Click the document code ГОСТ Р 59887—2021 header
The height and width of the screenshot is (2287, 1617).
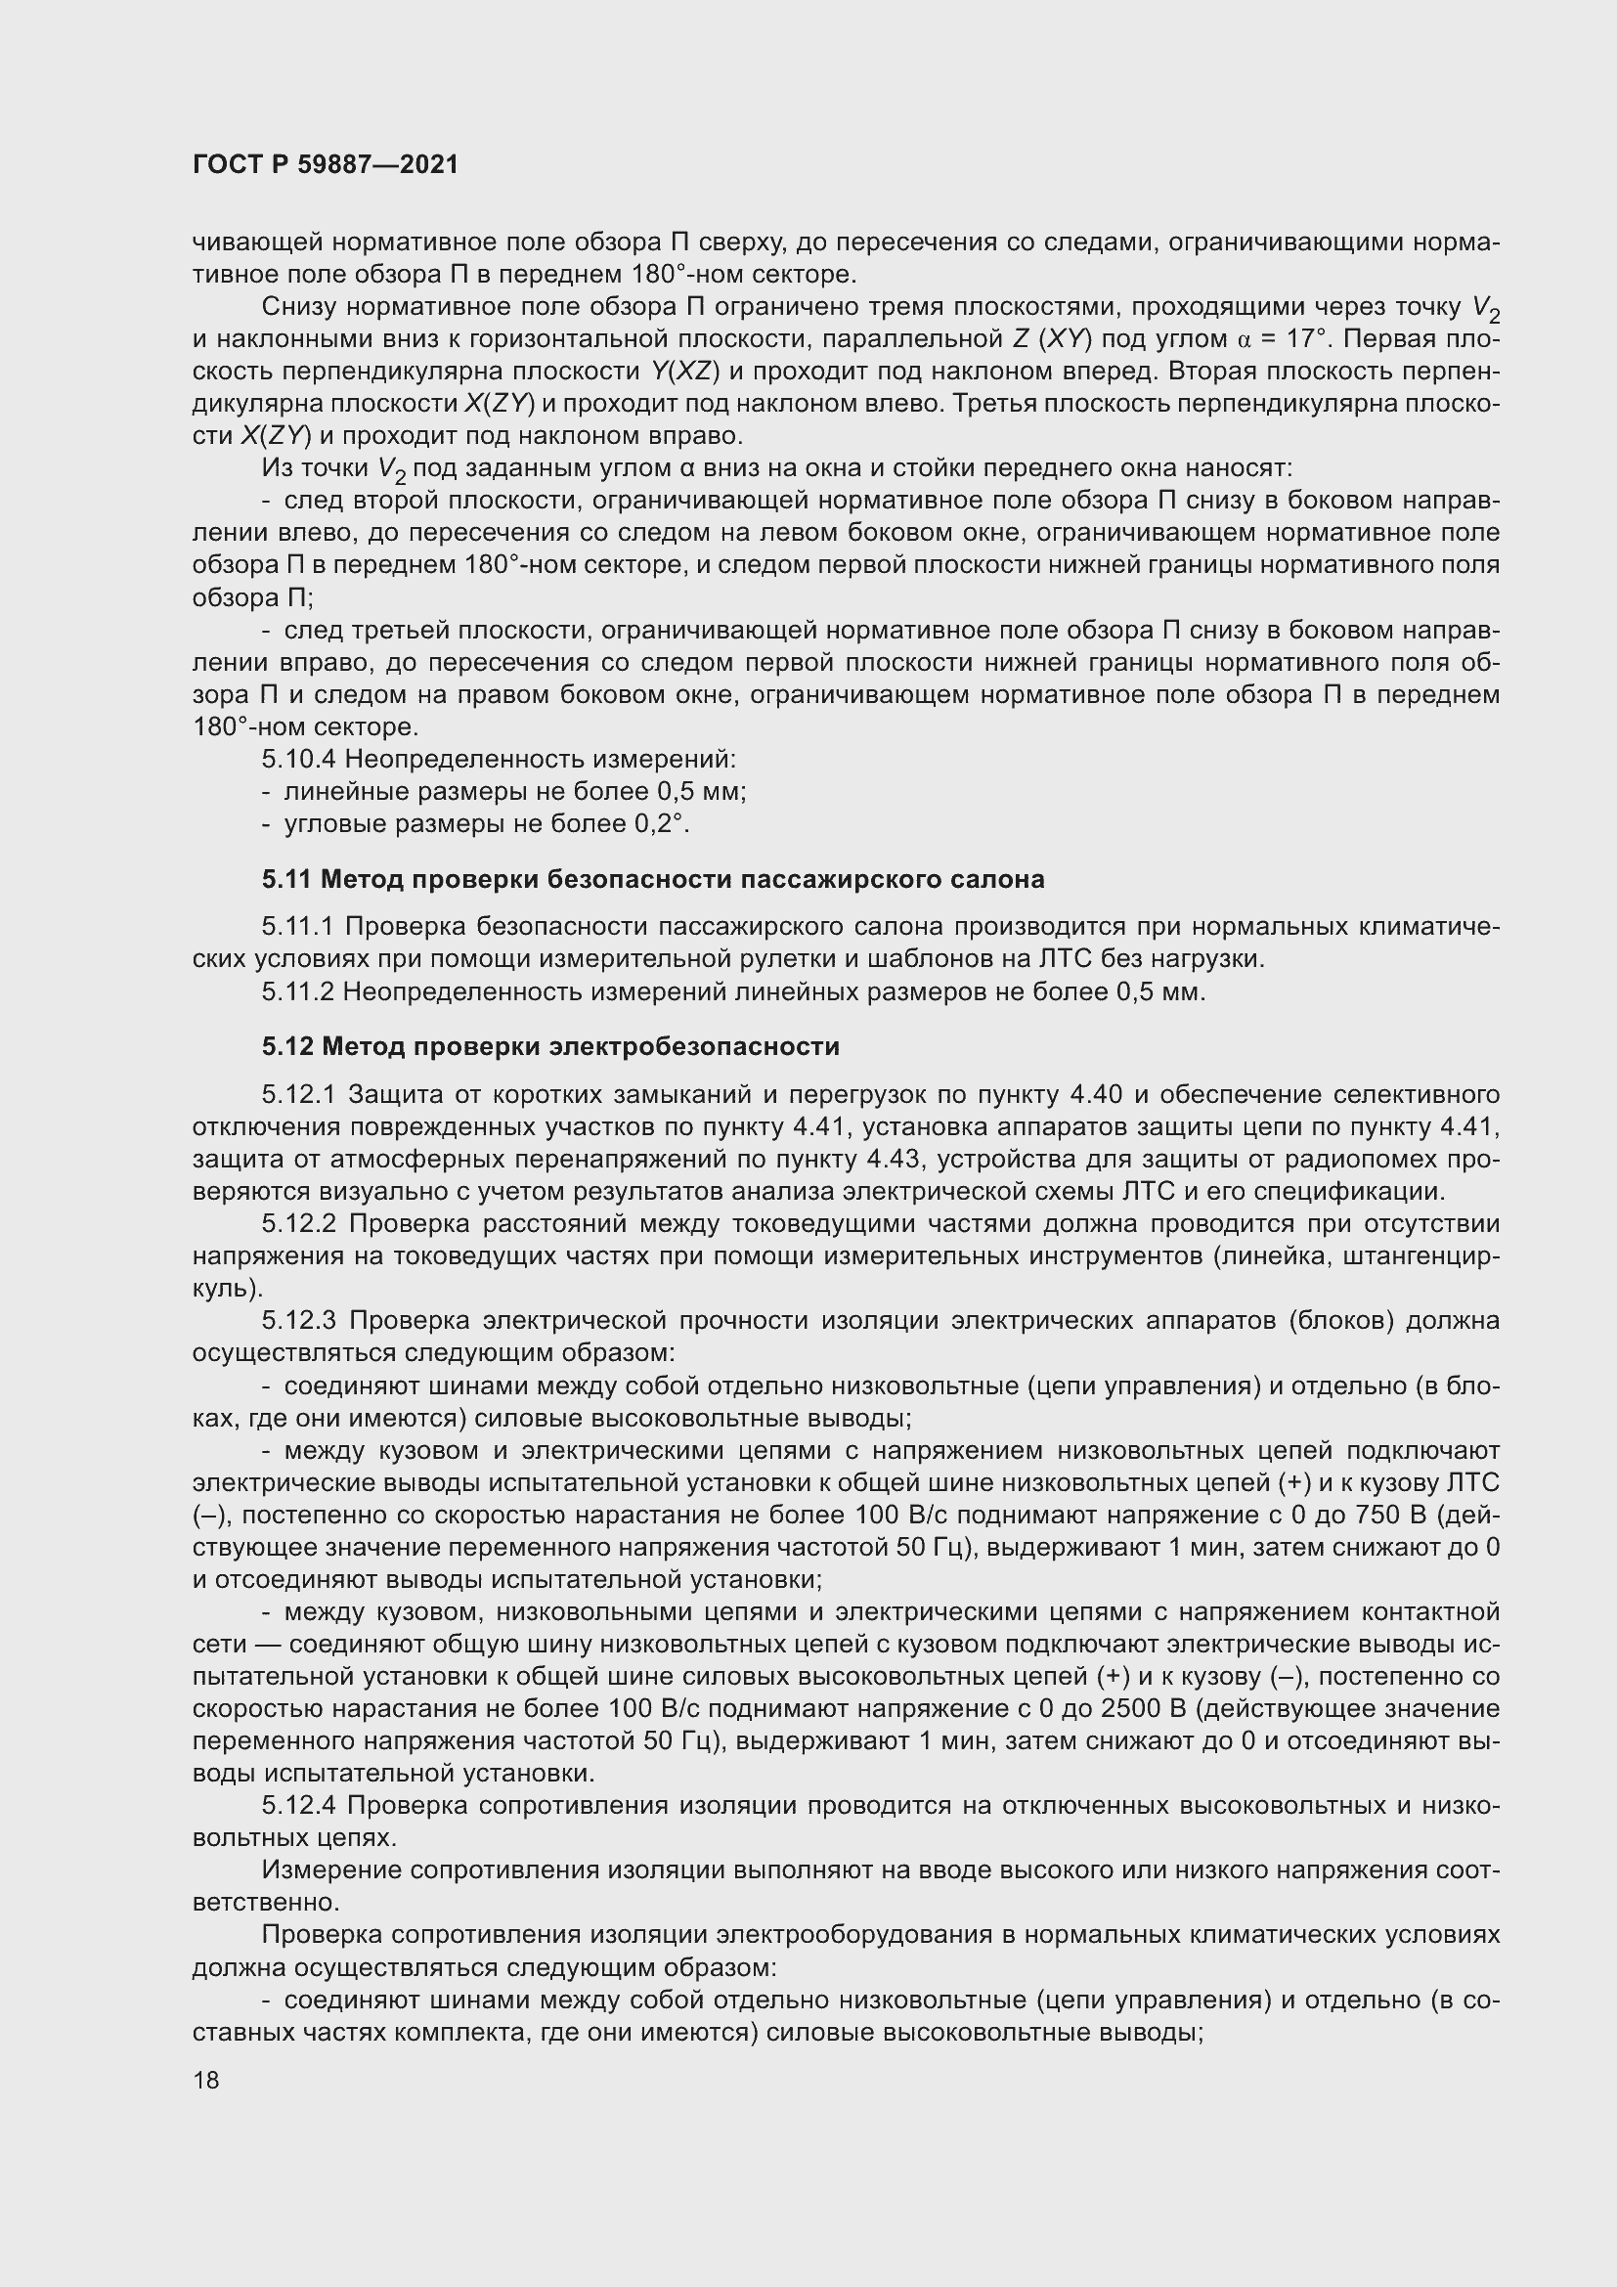[326, 165]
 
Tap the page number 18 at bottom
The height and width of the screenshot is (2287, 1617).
[206, 2080]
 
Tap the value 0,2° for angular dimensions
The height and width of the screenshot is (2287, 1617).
[662, 825]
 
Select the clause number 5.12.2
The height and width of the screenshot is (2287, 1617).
[301, 1223]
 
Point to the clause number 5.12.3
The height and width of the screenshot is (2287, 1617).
[301, 1321]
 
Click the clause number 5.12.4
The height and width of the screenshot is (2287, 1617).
[301, 1805]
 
